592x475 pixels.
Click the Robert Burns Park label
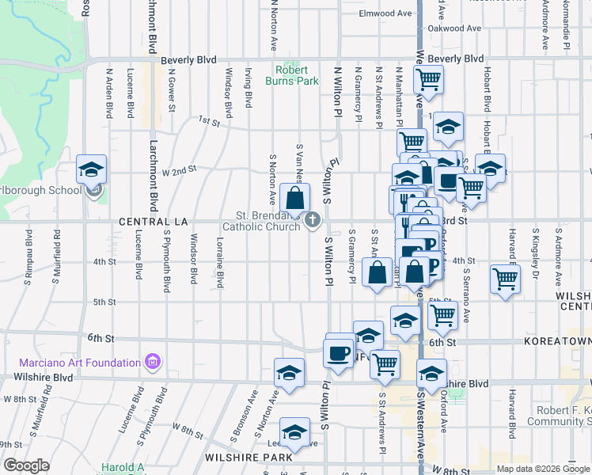(x=298, y=75)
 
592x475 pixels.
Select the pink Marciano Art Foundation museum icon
(x=153, y=363)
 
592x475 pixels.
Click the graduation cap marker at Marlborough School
(x=91, y=170)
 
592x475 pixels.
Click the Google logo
(x=26, y=465)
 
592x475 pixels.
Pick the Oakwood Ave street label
(x=454, y=28)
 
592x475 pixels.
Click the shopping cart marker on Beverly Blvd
(x=428, y=79)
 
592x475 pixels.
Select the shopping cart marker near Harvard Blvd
(x=505, y=278)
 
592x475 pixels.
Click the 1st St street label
(x=208, y=120)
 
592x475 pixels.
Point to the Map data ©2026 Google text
(x=543, y=469)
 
